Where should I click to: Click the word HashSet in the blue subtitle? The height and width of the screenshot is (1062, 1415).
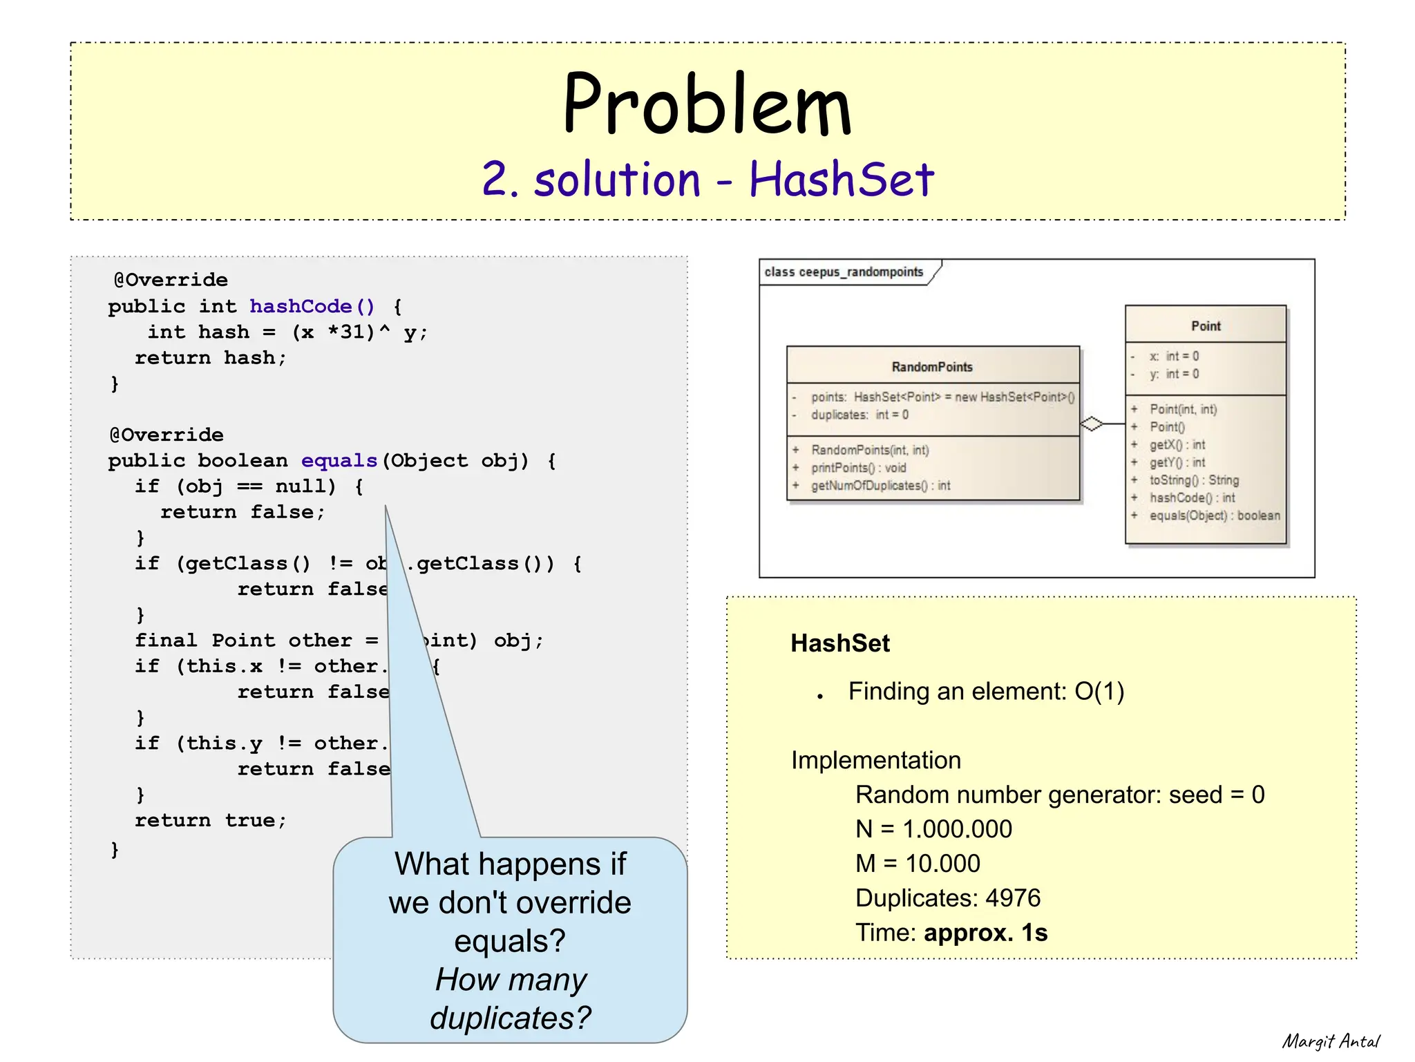[841, 179]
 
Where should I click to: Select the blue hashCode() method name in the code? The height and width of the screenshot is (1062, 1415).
[312, 306]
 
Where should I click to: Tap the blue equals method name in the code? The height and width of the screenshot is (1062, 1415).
[339, 460]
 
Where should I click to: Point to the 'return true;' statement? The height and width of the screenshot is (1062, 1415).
[210, 820]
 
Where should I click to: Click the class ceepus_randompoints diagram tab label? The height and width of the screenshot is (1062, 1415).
[843, 272]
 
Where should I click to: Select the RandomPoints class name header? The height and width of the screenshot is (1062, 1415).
[931, 367]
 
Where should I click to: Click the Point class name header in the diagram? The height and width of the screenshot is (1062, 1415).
[1205, 326]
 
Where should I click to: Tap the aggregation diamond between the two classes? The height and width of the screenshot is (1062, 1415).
[1092, 424]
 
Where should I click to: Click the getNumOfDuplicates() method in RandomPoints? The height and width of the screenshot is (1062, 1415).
[880, 486]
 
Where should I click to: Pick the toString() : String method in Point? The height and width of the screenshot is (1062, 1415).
[1193, 480]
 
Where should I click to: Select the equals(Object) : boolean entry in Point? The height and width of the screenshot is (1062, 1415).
[1214, 515]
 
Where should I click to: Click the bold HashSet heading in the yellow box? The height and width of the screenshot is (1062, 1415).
[839, 643]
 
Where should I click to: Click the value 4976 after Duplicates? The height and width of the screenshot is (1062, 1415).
[1012, 898]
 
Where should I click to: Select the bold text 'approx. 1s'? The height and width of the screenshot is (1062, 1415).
[985, 933]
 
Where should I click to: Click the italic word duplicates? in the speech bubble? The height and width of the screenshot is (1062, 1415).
[510, 1018]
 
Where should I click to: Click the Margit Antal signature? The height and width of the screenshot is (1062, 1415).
[1330, 1041]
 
